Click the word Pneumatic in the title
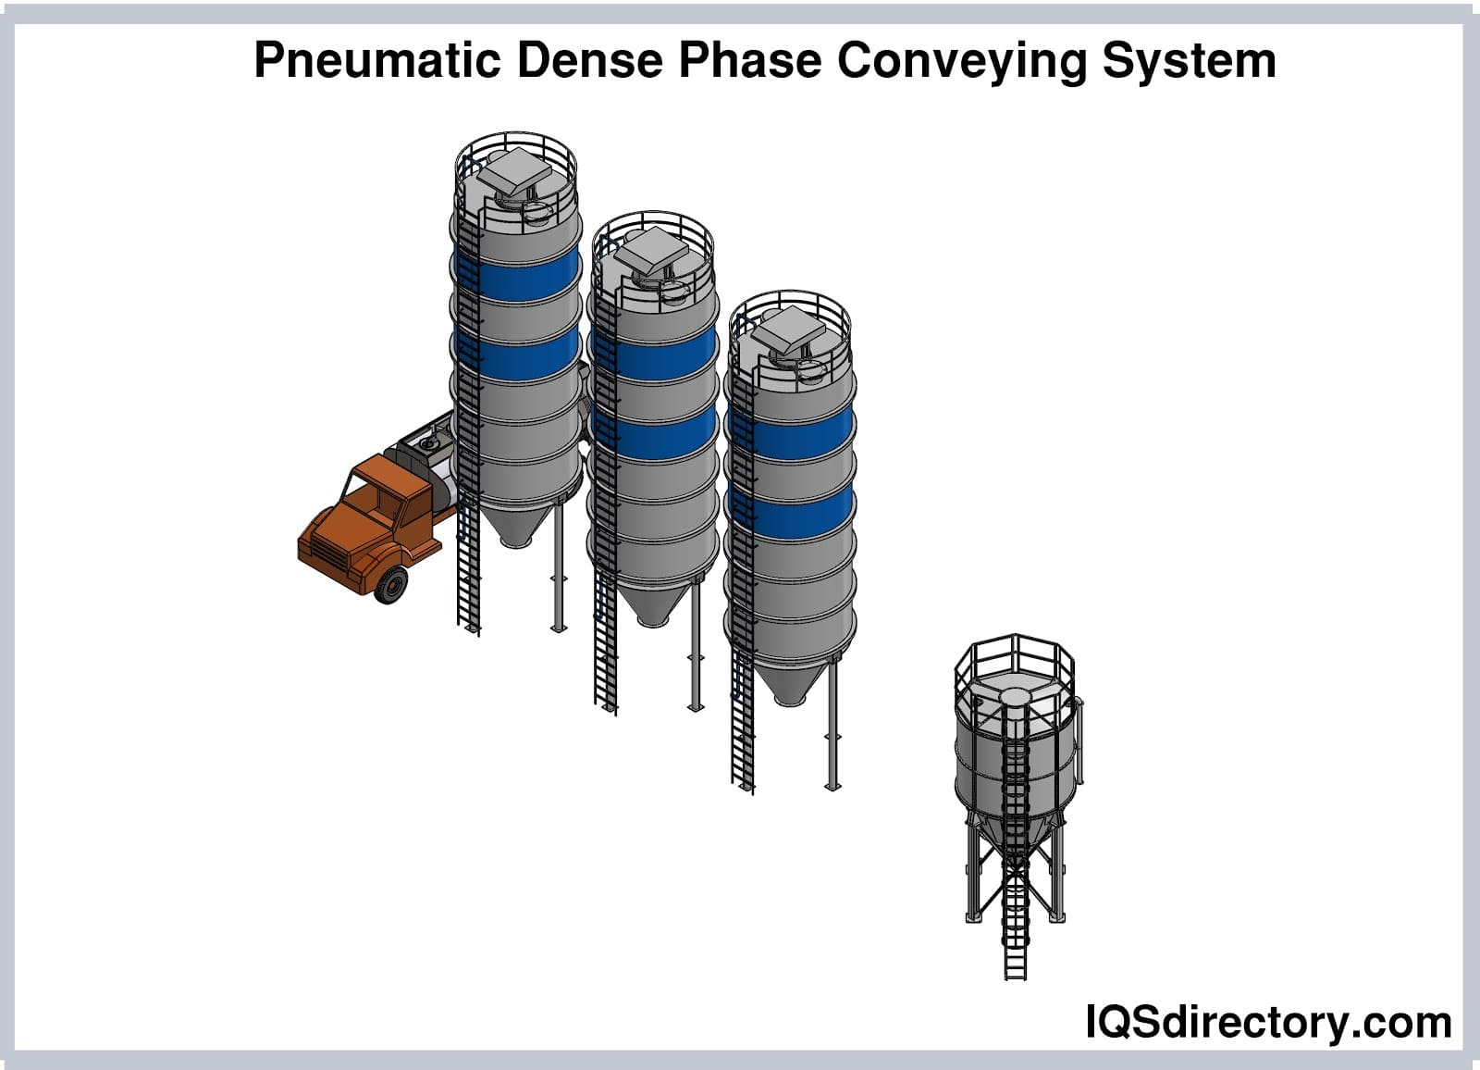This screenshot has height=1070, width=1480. (x=377, y=60)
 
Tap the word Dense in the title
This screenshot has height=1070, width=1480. (x=589, y=60)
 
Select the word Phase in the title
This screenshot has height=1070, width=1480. (x=750, y=60)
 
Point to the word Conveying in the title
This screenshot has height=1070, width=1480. (x=961, y=61)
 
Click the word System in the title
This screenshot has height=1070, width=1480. (x=1189, y=61)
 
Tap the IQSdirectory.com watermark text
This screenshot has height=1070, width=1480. (x=1268, y=1022)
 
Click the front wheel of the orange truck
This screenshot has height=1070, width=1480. (x=391, y=584)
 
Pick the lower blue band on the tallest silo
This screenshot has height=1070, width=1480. (x=517, y=355)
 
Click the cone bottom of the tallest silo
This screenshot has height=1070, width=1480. (x=515, y=525)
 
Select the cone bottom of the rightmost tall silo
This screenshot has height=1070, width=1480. (x=790, y=682)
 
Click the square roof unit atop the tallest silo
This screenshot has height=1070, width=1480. (x=514, y=168)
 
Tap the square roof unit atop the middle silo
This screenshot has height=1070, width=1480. (x=653, y=248)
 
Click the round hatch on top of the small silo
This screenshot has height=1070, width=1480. (x=1016, y=696)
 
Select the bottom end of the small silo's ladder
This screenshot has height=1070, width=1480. (x=1016, y=977)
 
